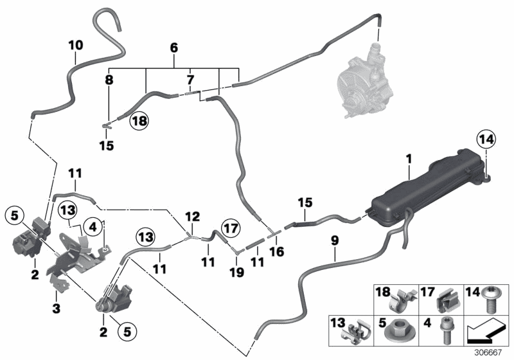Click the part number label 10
pos(75,46)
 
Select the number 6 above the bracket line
pos(173,48)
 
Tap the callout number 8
pos(109,82)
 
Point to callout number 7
pos(190,80)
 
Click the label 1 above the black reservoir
pos(409,157)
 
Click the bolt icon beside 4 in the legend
pos(444,331)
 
